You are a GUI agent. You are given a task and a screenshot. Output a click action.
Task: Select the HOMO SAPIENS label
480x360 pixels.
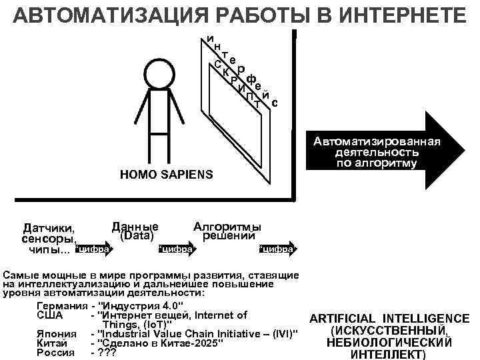166,175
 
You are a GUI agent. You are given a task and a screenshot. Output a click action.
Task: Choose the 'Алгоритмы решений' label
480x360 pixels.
227,230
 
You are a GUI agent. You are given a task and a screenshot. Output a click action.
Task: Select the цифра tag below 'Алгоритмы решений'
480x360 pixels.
276,250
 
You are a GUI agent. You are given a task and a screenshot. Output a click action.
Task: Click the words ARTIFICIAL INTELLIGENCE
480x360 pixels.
389,319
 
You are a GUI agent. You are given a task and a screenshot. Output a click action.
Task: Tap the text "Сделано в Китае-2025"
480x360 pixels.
159,343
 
